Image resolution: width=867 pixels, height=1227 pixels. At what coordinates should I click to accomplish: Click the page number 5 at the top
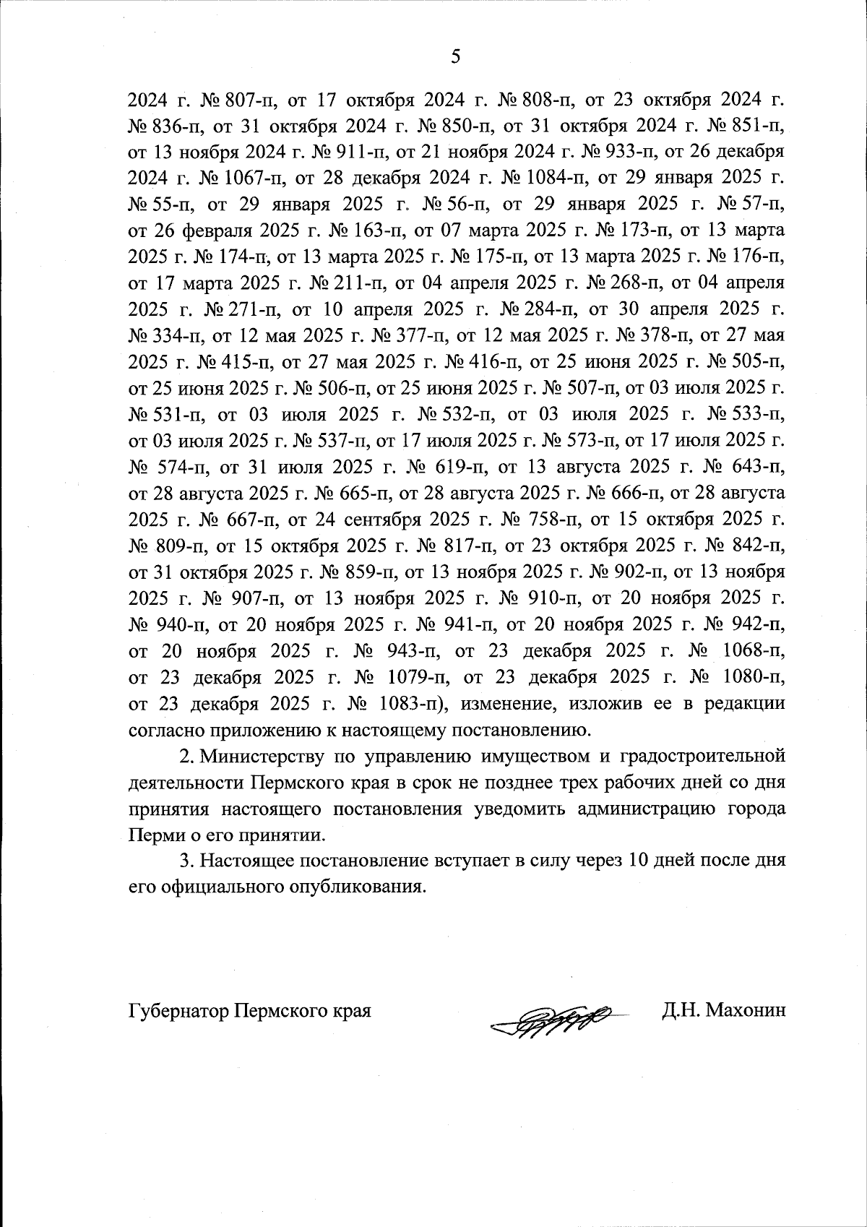click(x=454, y=57)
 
